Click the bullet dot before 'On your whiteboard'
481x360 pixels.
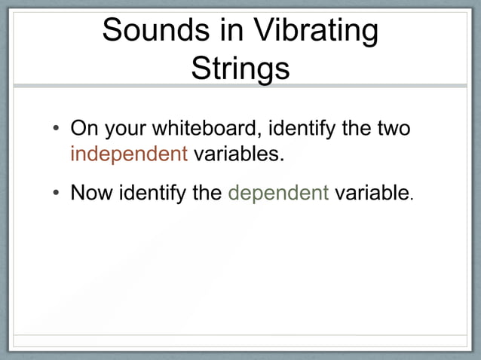click(56, 130)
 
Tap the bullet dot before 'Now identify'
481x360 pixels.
click(56, 194)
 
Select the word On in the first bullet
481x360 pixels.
click(83, 128)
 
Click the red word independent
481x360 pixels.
click(128, 154)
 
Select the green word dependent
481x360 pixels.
click(278, 194)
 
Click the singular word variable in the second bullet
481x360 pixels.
click(371, 193)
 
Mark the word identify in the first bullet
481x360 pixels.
click(302, 129)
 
